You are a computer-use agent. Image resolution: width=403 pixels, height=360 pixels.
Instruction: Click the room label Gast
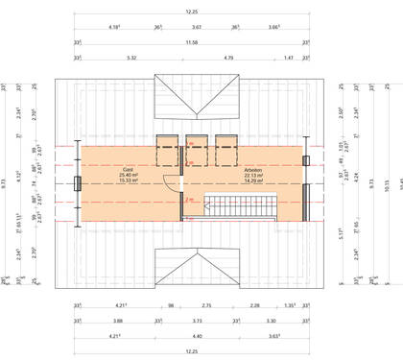(127, 170)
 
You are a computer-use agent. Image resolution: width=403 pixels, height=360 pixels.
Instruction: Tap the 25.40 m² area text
(128, 176)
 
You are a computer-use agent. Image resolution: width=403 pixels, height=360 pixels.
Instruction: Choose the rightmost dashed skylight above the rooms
(227, 152)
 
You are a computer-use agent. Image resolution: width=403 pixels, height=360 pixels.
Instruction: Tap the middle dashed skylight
(197, 152)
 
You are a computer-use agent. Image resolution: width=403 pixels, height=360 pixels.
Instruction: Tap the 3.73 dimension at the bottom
(196, 321)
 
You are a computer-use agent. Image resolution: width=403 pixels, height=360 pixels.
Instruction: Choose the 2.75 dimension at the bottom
(205, 306)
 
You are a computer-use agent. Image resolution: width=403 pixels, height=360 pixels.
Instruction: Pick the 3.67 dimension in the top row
(196, 27)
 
